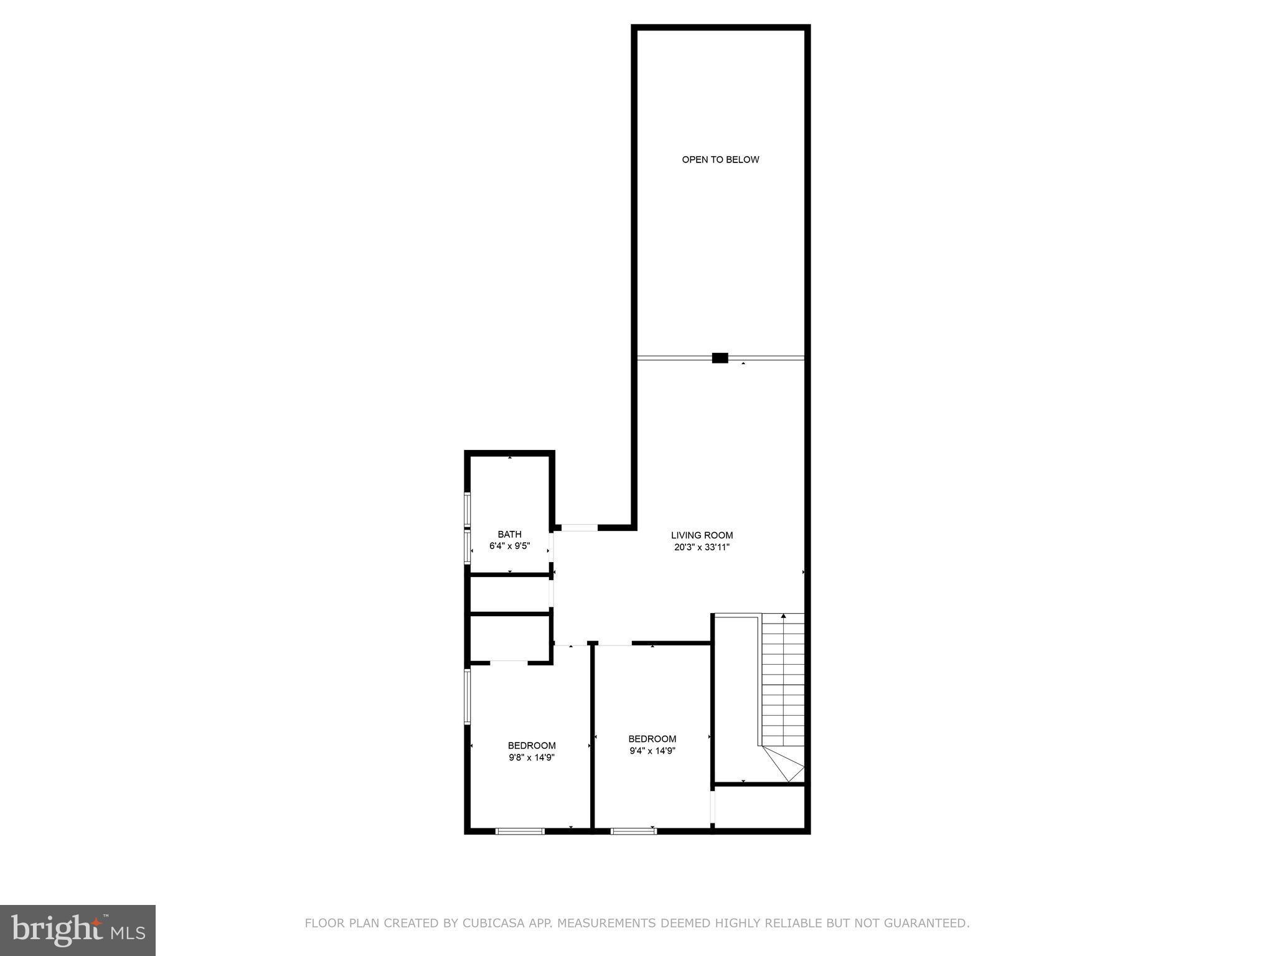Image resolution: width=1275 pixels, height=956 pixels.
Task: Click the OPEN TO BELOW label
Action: pyautogui.click(x=720, y=159)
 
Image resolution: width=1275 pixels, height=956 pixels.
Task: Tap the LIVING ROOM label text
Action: pyautogui.click(x=702, y=535)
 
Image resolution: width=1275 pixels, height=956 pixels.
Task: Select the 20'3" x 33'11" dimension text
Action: pyautogui.click(x=702, y=548)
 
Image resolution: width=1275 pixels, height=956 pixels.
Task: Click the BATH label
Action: pyautogui.click(x=509, y=534)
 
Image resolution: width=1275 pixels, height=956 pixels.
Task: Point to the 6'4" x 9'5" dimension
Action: pyautogui.click(x=509, y=546)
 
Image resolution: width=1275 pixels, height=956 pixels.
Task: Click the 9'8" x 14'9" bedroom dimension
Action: pyautogui.click(x=531, y=757)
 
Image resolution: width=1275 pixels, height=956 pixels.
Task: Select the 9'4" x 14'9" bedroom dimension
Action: pyautogui.click(x=652, y=751)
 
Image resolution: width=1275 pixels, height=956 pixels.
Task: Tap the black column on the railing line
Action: pyautogui.click(x=720, y=358)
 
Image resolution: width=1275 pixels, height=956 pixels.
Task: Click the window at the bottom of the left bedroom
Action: pyautogui.click(x=520, y=831)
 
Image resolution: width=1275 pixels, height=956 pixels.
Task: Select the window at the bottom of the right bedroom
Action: pyautogui.click(x=633, y=831)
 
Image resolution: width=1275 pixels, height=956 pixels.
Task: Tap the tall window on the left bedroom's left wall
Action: pyautogui.click(x=468, y=696)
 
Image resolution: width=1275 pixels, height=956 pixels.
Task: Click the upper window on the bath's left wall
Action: pyautogui.click(x=468, y=510)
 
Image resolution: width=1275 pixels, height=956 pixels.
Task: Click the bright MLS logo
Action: pyautogui.click(x=78, y=930)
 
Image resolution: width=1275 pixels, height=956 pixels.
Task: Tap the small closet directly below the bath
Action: pyautogui.click(x=509, y=594)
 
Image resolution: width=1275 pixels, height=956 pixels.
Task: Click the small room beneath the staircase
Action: pyautogui.click(x=760, y=807)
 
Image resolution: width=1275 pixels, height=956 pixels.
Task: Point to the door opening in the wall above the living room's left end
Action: pyautogui.click(x=580, y=528)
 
